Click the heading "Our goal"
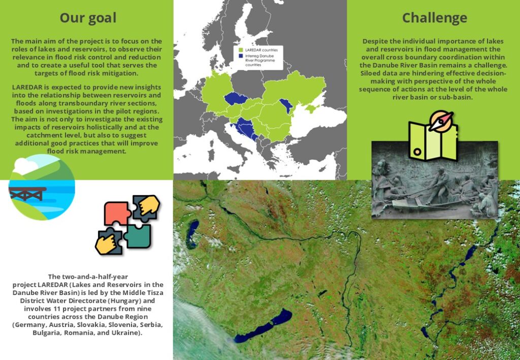tap(88, 18)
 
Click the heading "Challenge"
tap(435, 18)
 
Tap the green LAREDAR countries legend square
tap(241, 50)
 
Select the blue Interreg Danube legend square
tap(241, 56)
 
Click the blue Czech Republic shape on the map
tap(236, 98)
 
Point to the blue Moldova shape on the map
tap(286, 106)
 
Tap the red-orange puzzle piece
tap(117, 213)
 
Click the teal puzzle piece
tap(138, 236)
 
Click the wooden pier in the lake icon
tap(27, 193)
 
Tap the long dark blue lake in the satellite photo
tap(263, 325)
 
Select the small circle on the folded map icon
tap(417, 152)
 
